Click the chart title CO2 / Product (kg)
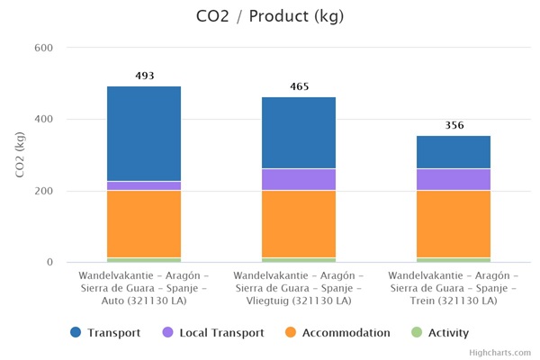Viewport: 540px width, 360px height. tap(269, 16)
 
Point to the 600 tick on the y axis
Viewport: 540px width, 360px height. tap(42, 48)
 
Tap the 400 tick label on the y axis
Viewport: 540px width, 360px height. tap(42, 120)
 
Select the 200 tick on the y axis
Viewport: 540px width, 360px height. tap(42, 191)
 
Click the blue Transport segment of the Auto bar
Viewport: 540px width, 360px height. tap(144, 133)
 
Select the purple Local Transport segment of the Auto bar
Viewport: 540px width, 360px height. tap(144, 185)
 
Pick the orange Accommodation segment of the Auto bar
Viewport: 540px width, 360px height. tap(144, 223)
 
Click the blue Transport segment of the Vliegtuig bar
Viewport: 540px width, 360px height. tap(299, 132)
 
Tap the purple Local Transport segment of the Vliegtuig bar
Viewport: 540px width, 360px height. tap(299, 179)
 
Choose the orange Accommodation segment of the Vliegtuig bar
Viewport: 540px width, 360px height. tap(299, 223)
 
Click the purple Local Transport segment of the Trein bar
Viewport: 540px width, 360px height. tap(454, 179)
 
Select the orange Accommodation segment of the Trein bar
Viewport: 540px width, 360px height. tap(454, 223)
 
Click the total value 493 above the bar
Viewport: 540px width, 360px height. tap(144, 76)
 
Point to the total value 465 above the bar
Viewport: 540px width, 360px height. tap(299, 87)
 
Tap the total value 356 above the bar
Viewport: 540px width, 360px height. tap(454, 125)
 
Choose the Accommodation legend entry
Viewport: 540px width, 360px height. tap(337, 333)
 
